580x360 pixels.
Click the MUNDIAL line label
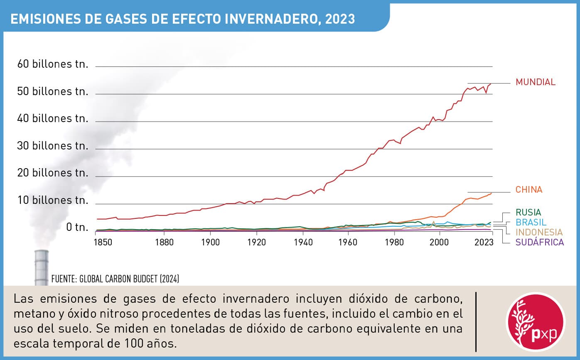pos(535,82)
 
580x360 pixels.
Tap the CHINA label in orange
pos(529,190)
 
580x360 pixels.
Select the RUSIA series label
pos(528,213)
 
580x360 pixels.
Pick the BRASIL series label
pos(531,222)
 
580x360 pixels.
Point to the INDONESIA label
pos(539,232)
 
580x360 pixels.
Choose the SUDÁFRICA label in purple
pos(539,242)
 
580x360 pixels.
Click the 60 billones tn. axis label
pos(53,64)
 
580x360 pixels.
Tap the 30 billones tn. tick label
pos(53,146)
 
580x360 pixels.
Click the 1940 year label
pos(303,242)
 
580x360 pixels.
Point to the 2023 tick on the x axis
pos(482,242)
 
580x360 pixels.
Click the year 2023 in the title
pos(340,19)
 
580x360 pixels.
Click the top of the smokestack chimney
pos(42,252)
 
